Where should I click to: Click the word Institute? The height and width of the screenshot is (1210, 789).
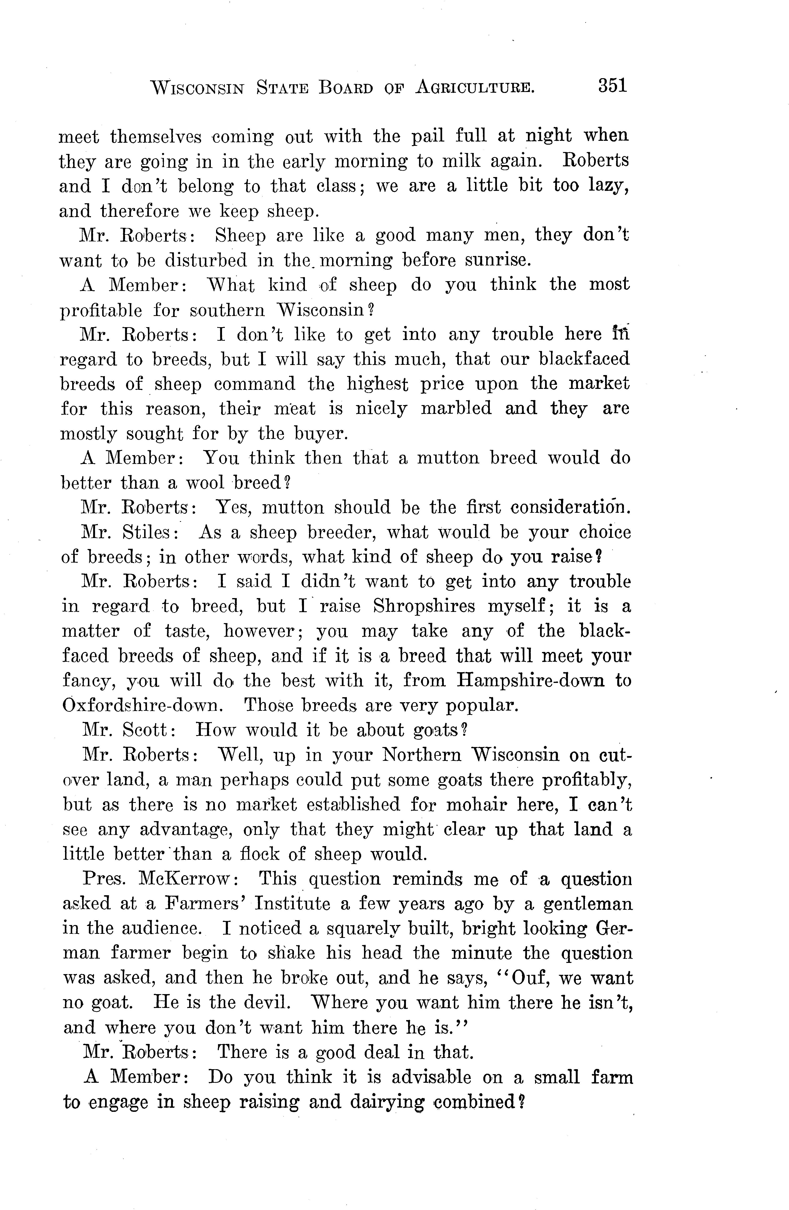tap(292, 903)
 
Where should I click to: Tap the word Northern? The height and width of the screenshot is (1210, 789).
tap(421, 755)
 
